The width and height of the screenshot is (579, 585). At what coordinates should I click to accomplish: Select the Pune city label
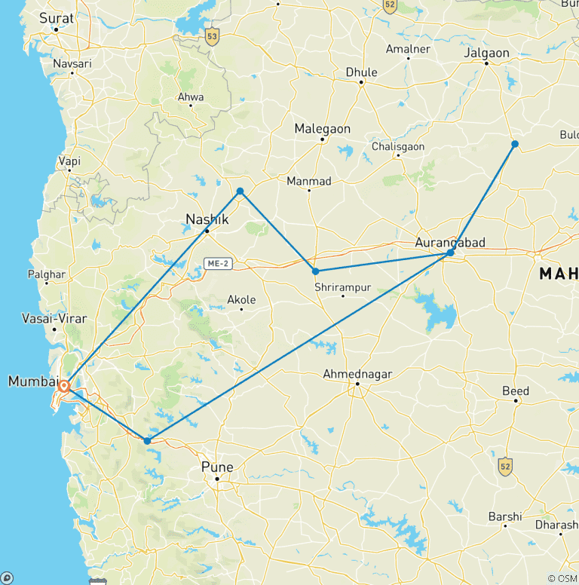[217, 467]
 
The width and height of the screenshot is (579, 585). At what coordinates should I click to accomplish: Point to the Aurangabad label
[450, 242]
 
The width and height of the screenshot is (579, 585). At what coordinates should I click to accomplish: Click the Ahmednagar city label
[358, 374]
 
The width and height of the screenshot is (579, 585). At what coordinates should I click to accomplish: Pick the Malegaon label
[323, 129]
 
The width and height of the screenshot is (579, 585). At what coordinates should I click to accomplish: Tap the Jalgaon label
[487, 53]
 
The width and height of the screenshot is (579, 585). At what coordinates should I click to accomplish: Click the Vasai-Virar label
[54, 319]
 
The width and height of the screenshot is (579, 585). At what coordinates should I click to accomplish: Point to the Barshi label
[505, 516]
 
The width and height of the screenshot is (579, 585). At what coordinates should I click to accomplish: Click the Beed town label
[516, 391]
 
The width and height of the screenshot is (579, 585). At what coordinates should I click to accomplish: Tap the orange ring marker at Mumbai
[65, 387]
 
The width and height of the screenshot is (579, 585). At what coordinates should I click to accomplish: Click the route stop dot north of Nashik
[240, 191]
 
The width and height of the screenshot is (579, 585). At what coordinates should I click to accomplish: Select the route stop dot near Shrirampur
[315, 271]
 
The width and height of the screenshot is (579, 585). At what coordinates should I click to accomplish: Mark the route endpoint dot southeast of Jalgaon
[515, 143]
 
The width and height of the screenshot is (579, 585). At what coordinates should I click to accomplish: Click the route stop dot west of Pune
[147, 440]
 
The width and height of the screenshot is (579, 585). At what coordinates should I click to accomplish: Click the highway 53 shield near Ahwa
[212, 35]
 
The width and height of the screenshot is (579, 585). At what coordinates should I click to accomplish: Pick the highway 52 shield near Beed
[504, 467]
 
